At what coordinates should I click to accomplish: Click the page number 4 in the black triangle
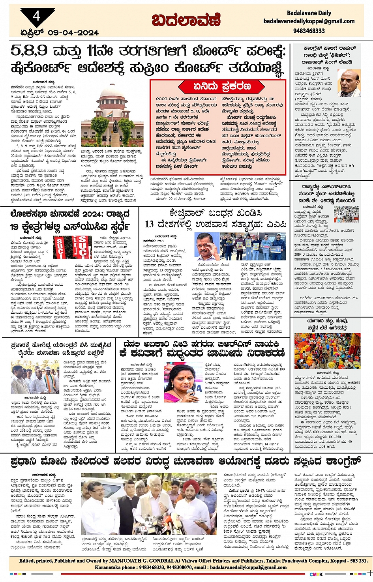tap(37, 16)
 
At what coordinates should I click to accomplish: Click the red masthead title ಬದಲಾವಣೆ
tap(186, 20)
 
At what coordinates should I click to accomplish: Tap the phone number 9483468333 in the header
tap(309, 31)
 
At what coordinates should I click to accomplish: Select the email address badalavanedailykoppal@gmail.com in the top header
tap(309, 22)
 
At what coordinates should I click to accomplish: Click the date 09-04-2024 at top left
tap(73, 33)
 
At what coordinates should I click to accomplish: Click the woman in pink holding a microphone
tap(183, 382)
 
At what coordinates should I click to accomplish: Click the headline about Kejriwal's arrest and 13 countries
tap(216, 219)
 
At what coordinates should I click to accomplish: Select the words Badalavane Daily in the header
tap(309, 13)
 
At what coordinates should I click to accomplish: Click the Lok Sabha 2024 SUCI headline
tap(70, 221)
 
